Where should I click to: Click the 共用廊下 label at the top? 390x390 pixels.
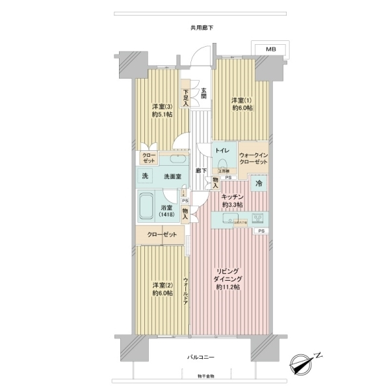201,28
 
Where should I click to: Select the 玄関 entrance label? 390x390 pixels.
203,92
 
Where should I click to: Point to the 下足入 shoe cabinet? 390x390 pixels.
186,97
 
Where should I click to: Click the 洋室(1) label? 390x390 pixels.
240,104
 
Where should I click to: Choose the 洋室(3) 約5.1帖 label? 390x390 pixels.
162,110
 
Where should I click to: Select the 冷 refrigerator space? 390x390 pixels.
258,184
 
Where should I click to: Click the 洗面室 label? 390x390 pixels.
172,177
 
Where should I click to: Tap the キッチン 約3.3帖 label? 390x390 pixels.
232,200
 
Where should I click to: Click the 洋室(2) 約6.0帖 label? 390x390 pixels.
162,289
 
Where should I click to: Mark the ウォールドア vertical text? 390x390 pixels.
186,292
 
